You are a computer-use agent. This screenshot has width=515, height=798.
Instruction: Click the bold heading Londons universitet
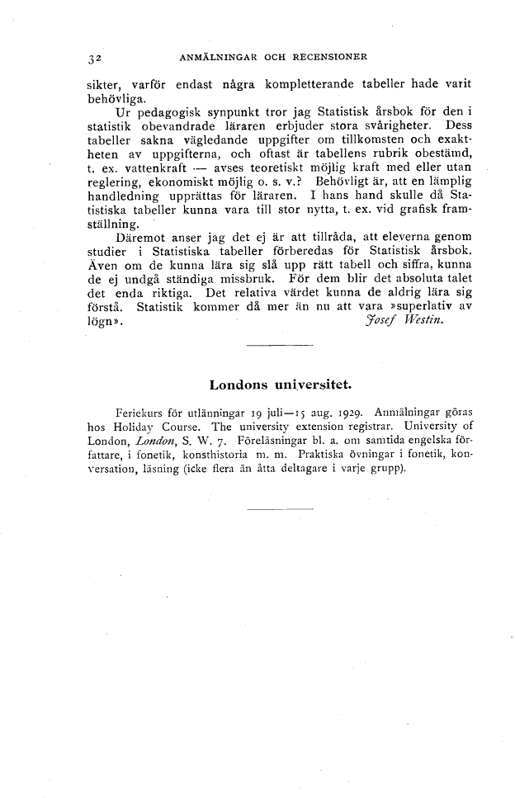tap(280, 385)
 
